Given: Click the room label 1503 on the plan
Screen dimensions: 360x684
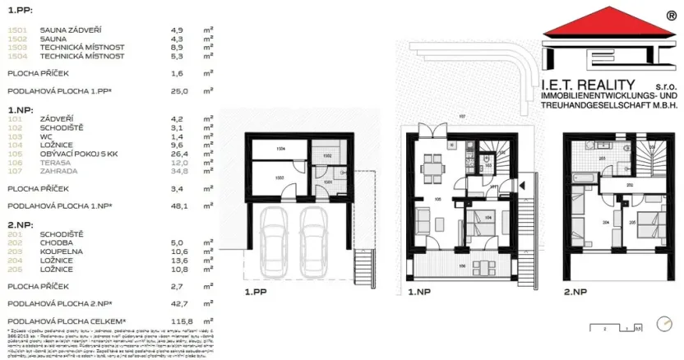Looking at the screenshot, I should click(280, 177).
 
